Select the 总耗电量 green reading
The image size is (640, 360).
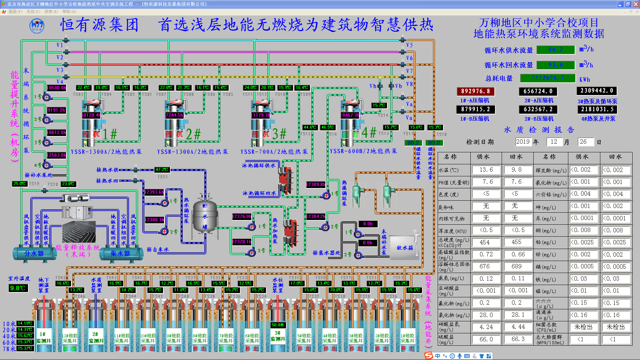pyautogui.click(x=548, y=78)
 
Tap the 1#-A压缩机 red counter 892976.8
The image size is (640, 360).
pyautogui.click(x=475, y=91)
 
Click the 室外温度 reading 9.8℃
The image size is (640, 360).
pyautogui.click(x=18, y=288)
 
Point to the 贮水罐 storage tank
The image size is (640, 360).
pyautogui.click(x=205, y=216)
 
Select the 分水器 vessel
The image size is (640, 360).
pyautogui.click(x=34, y=254)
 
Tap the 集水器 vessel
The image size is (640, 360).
pyautogui.click(x=120, y=254)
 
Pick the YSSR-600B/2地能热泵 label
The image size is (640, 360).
pyautogui.click(x=363, y=151)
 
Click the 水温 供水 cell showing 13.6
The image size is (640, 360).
pyautogui.click(x=486, y=170)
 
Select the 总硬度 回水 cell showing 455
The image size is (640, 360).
pyautogui.click(x=516, y=242)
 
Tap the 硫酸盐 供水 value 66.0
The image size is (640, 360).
pyautogui.click(x=486, y=339)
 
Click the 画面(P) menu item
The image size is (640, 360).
pyautogui.click(x=15, y=12)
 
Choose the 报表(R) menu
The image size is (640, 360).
pyautogui.click(x=51, y=12)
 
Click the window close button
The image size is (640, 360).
pyautogui.click(x=636, y=4)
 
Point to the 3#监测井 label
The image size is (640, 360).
pyautogui.click(x=277, y=336)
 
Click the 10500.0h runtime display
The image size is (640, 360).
pyautogui.click(x=56, y=88)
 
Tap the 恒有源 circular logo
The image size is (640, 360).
pyautogui.click(x=37, y=26)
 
